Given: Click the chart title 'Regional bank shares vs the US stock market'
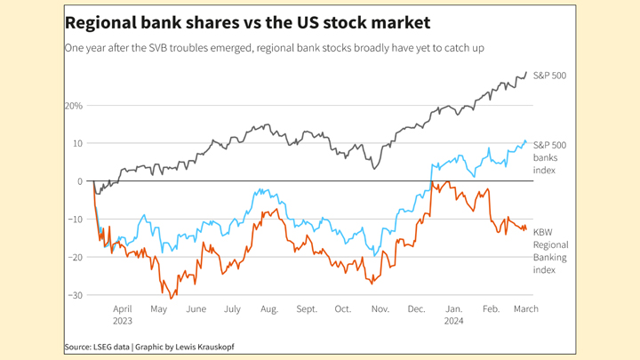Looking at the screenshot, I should pyautogui.click(x=248, y=22).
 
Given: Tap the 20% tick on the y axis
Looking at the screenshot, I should pyautogui.click(x=73, y=106).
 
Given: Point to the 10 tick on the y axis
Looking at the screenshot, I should pyautogui.click(x=76, y=143).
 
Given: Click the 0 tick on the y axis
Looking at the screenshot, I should pyautogui.click(x=79, y=181).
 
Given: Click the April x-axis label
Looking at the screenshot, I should pyautogui.click(x=123, y=309).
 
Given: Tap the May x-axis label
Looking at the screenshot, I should pyautogui.click(x=159, y=309).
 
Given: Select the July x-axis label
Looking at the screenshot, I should pyautogui.click(x=232, y=309).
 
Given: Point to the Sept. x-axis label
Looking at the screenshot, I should pyautogui.click(x=307, y=309).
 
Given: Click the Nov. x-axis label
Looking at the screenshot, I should pyautogui.click(x=380, y=309).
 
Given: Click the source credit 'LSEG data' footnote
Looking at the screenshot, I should pyautogui.click(x=97, y=346).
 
